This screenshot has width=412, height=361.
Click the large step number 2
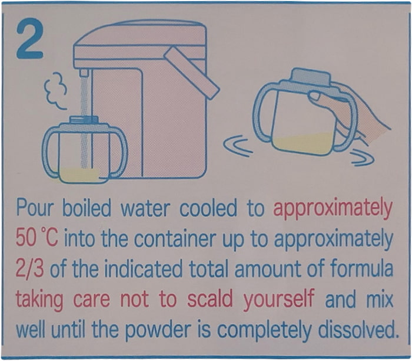click(x=30, y=38)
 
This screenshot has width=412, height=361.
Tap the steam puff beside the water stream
click(x=56, y=90)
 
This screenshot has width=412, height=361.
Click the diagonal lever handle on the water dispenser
click(x=191, y=73)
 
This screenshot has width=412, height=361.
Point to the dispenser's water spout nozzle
click(x=84, y=73)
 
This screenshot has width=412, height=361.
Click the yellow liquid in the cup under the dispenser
click(x=79, y=175)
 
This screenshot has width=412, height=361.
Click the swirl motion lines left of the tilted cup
click(x=237, y=146)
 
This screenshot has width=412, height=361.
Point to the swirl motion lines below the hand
click(x=363, y=157)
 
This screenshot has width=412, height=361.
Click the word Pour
click(x=34, y=208)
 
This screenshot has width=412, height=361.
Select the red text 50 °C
click(x=36, y=237)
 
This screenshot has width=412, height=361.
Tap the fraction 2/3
click(x=29, y=269)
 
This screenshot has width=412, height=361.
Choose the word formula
click(x=361, y=268)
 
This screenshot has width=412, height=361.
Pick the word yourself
click(x=279, y=300)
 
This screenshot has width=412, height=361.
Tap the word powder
click(x=158, y=331)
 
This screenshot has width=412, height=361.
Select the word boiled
click(x=87, y=208)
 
